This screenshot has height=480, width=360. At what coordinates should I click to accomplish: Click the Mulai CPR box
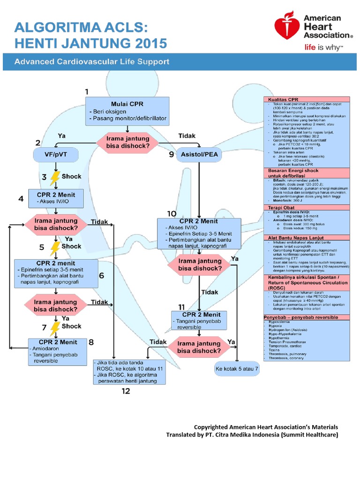[x=127, y=112]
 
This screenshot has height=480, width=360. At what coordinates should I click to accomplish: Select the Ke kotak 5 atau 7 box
[x=237, y=369]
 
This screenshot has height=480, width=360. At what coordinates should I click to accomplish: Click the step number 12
[x=126, y=390]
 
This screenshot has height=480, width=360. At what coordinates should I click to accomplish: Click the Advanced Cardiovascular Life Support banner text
[x=92, y=61]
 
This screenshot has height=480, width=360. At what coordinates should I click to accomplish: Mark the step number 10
[x=172, y=213]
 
